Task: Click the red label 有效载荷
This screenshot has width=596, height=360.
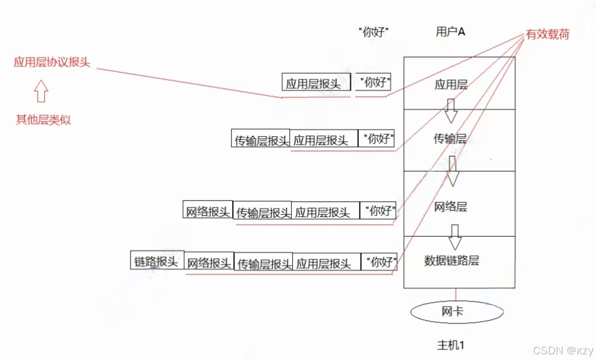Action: tap(548, 34)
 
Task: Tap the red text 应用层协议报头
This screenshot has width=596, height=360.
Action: tap(52, 62)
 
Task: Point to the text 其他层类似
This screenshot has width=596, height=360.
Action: tap(43, 120)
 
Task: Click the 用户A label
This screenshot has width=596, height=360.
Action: tap(450, 31)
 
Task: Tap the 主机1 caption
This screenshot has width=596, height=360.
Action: tap(451, 344)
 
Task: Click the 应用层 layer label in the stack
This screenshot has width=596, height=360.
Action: tap(451, 85)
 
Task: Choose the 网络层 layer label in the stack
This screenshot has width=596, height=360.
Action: tap(450, 206)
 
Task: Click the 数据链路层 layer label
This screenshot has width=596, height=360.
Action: tap(451, 260)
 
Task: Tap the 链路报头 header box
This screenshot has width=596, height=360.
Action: tap(157, 261)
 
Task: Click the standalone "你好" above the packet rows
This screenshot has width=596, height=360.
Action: tap(374, 32)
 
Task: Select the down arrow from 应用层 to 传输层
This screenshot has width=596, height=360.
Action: tap(451, 111)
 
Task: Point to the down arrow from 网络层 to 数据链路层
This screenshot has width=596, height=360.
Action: tap(454, 237)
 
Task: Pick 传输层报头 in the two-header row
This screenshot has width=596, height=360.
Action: tap(261, 139)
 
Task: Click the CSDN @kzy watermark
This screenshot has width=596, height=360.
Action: tap(562, 350)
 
